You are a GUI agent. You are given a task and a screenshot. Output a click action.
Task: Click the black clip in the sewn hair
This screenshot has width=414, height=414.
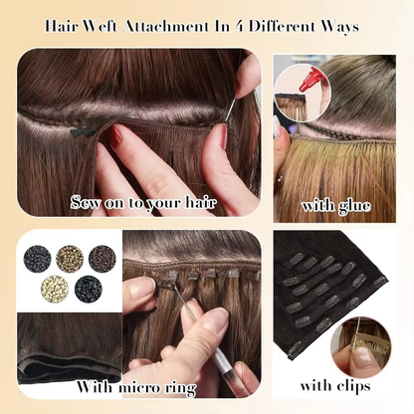click(x=84, y=130)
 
